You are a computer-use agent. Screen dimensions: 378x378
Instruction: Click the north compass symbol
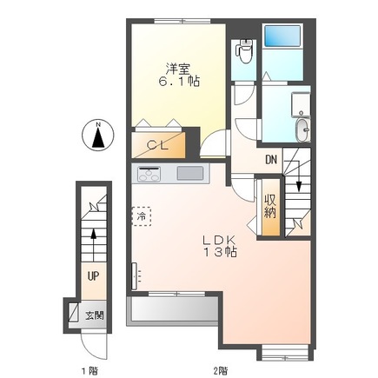tap(98, 135)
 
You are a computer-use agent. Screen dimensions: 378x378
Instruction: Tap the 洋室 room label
tap(177, 69)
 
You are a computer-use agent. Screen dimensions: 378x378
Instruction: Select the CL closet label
tap(157, 145)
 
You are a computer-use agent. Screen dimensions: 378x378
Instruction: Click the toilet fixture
tap(244, 50)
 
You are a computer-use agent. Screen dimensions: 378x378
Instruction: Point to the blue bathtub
tap(282, 36)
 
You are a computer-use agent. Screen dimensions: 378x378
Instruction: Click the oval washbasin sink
tap(303, 130)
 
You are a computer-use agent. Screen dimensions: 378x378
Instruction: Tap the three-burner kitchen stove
tap(149, 174)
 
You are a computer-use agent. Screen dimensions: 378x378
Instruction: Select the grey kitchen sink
tap(190, 173)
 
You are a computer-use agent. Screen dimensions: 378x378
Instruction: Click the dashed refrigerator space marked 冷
tap(142, 216)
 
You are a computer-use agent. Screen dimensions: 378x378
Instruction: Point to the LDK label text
tap(220, 240)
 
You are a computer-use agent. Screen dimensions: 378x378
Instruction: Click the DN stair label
tap(271, 160)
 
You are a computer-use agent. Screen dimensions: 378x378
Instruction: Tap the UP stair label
tap(94, 276)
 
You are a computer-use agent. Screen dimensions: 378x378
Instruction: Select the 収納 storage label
tap(270, 207)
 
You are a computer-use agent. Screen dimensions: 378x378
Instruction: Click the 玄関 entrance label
tap(95, 315)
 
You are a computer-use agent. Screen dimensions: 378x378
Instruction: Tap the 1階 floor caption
tap(89, 370)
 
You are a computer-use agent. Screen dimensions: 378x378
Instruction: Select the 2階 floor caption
tap(220, 370)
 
